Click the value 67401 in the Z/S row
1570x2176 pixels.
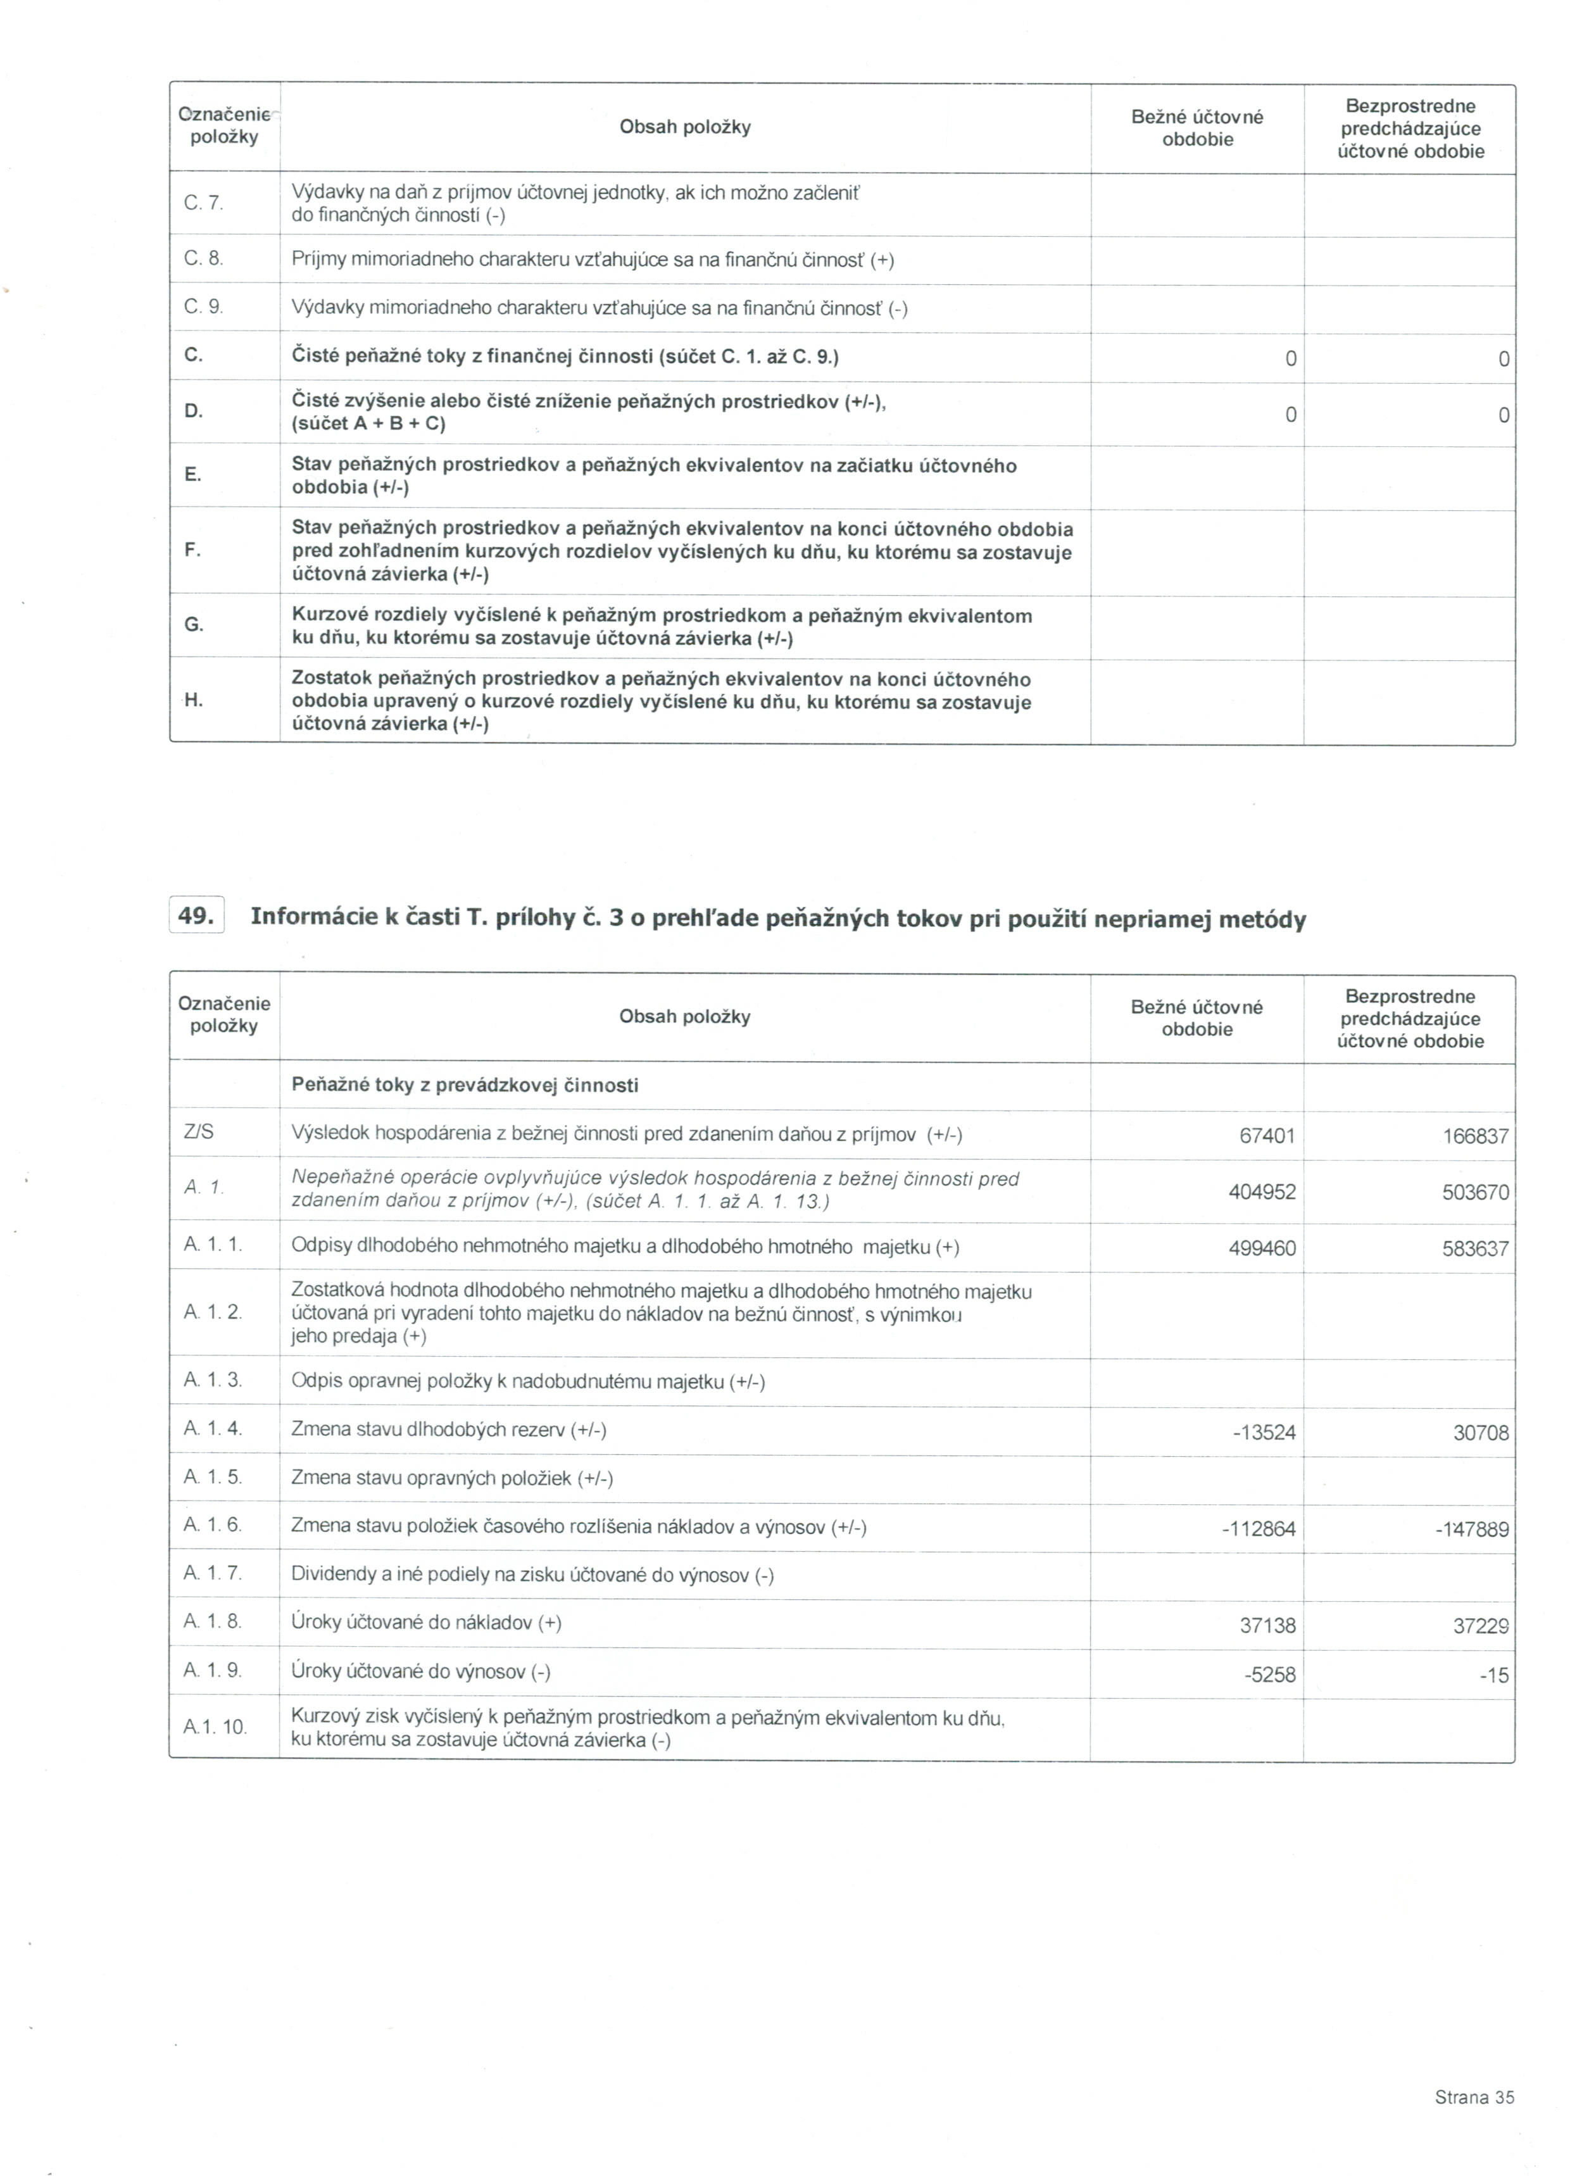(x=1267, y=1136)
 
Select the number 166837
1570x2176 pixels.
(x=1475, y=1136)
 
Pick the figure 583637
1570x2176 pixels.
(x=1475, y=1249)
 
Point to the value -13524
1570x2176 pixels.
(x=1264, y=1433)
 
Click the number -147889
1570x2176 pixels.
(x=1472, y=1530)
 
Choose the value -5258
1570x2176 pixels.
(x=1270, y=1674)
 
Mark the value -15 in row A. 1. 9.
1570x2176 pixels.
(x=1494, y=1675)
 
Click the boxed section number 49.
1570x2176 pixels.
(x=196, y=915)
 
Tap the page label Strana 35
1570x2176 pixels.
(x=1474, y=2097)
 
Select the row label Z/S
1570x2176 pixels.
(x=199, y=1132)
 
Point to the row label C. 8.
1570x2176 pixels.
(x=203, y=259)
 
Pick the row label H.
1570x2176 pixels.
(x=193, y=700)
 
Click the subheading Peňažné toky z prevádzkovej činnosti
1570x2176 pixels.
(x=465, y=1085)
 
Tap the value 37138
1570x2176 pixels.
(x=1267, y=1625)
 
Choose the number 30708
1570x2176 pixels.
(x=1481, y=1433)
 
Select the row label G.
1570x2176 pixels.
(x=193, y=625)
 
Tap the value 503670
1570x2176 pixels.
(x=1475, y=1193)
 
